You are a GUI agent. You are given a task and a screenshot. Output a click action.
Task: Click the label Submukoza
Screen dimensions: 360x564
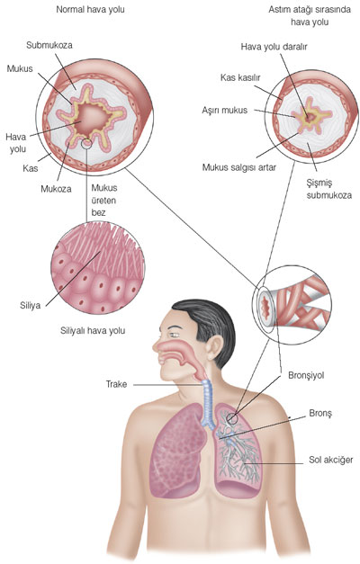(x=49, y=45)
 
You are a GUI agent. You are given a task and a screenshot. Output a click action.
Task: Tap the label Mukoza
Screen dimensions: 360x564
(x=56, y=189)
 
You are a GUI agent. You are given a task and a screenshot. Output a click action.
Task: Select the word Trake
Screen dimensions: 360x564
(x=116, y=384)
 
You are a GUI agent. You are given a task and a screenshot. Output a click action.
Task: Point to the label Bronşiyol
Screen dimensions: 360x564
(x=306, y=375)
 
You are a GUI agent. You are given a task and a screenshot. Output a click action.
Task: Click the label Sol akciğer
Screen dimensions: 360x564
(x=331, y=460)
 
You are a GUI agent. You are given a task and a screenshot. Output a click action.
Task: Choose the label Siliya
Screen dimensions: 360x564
(x=31, y=306)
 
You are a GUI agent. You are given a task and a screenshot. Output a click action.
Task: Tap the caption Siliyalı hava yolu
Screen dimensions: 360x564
(x=93, y=330)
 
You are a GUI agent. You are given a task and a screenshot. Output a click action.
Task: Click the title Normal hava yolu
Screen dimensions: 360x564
(x=90, y=9)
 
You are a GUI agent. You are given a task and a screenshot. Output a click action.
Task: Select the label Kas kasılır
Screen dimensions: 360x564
(x=240, y=77)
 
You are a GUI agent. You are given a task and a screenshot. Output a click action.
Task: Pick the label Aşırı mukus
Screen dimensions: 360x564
(x=225, y=110)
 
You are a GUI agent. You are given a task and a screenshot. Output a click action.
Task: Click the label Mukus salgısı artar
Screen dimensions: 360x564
(x=239, y=167)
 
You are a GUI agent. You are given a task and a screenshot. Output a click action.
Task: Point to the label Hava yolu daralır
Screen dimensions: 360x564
(x=274, y=47)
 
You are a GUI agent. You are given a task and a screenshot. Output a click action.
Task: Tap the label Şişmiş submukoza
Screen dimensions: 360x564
(x=329, y=189)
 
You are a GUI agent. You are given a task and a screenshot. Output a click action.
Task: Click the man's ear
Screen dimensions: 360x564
(x=214, y=347)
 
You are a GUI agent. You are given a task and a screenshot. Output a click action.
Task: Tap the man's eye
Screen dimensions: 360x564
(x=175, y=335)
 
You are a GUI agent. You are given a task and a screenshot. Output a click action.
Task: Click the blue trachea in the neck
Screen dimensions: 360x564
(x=209, y=403)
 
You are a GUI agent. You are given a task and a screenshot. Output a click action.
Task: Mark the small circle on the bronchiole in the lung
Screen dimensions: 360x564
(x=232, y=418)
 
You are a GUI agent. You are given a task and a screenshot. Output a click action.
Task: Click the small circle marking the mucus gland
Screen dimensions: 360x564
(x=86, y=144)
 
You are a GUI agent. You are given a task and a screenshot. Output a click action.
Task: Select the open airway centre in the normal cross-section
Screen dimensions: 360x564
(x=93, y=116)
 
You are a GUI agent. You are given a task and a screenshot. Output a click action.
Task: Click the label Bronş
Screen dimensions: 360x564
(x=320, y=413)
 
